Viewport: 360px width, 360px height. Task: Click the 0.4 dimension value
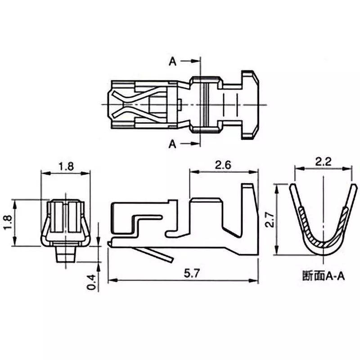tap(91, 281)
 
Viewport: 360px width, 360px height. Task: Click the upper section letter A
tap(172, 62)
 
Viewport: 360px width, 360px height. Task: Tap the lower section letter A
tap(172, 144)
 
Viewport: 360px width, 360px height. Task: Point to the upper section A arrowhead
tap(196, 62)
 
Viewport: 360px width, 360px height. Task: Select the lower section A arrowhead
tap(196, 144)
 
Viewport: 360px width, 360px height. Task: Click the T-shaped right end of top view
tap(250, 104)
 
